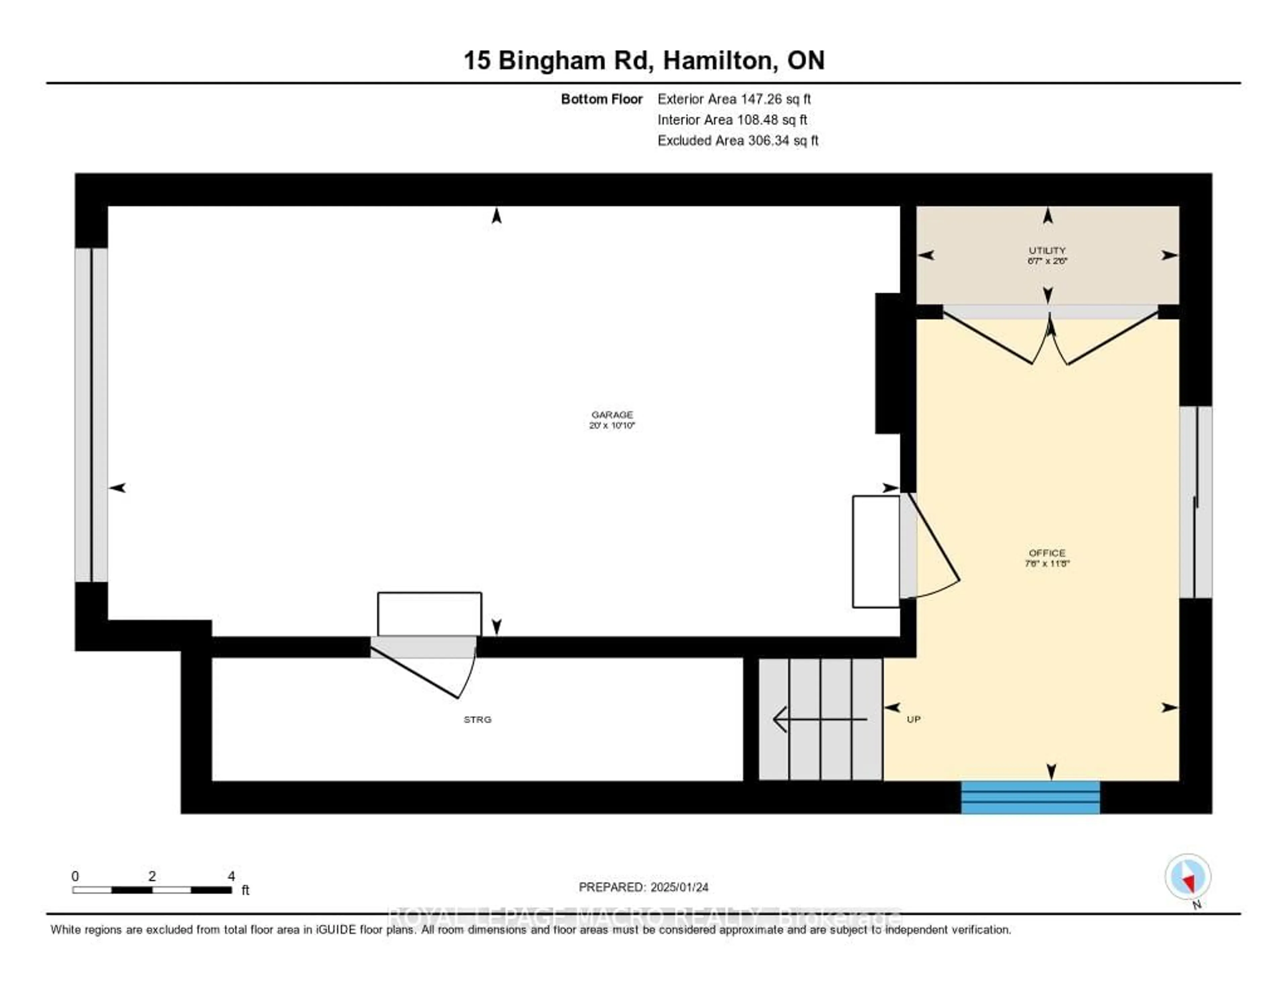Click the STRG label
pyautogui.click(x=477, y=720)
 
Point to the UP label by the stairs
pyautogui.click(x=913, y=720)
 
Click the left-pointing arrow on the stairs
pyautogui.click(x=819, y=719)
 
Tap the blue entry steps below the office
pyautogui.click(x=1030, y=797)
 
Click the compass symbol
pyautogui.click(x=1187, y=877)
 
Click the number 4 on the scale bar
pyautogui.click(x=231, y=876)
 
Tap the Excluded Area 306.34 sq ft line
pyautogui.click(x=738, y=140)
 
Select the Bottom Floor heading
pyautogui.click(x=601, y=99)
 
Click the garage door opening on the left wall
pyautogui.click(x=91, y=415)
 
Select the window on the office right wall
pyautogui.click(x=1195, y=502)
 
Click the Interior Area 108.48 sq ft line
pyautogui.click(x=732, y=120)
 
